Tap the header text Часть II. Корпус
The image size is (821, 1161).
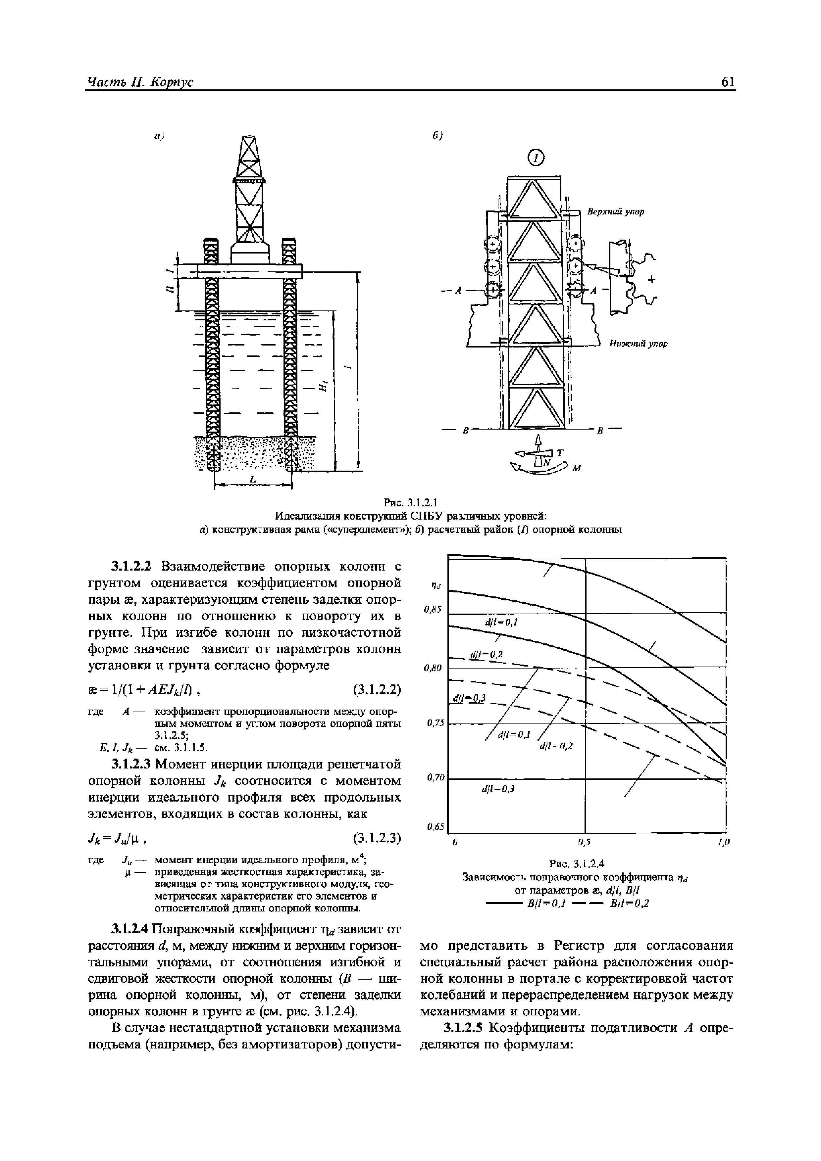[141, 82]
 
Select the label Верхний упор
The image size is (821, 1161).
[615, 212]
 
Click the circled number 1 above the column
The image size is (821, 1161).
[536, 158]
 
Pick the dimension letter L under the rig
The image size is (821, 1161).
[253, 479]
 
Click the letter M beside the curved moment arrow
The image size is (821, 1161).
[576, 469]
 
